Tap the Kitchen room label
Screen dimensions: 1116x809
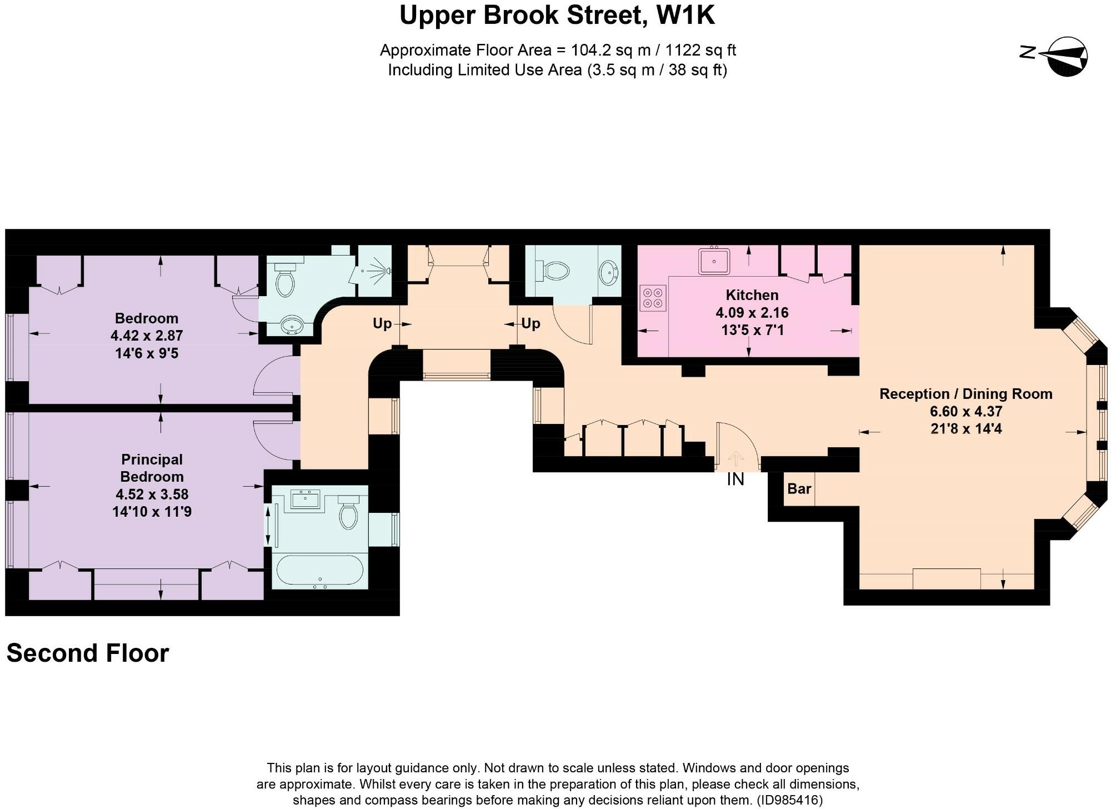pyautogui.click(x=752, y=295)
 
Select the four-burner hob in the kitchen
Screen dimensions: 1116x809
pyautogui.click(x=653, y=297)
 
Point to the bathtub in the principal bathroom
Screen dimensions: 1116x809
pyautogui.click(x=319, y=571)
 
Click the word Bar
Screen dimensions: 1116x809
pyautogui.click(x=799, y=489)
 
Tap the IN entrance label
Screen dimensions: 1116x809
pyautogui.click(x=735, y=480)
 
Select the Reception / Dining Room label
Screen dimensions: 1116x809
pyautogui.click(x=965, y=394)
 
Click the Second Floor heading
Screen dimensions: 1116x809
pyautogui.click(x=88, y=653)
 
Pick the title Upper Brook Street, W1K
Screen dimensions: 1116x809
pyautogui.click(x=557, y=16)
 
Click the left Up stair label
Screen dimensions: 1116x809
pyautogui.click(x=382, y=323)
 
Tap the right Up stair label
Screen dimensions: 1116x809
pyautogui.click(x=531, y=323)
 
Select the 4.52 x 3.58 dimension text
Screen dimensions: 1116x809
pyautogui.click(x=152, y=494)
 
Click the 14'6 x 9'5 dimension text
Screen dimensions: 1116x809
pyautogui.click(x=147, y=353)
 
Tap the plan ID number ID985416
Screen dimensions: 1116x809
pyautogui.click(x=789, y=800)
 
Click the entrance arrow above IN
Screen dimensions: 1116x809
pyautogui.click(x=735, y=458)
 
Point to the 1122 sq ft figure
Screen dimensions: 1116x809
pyautogui.click(x=700, y=51)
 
